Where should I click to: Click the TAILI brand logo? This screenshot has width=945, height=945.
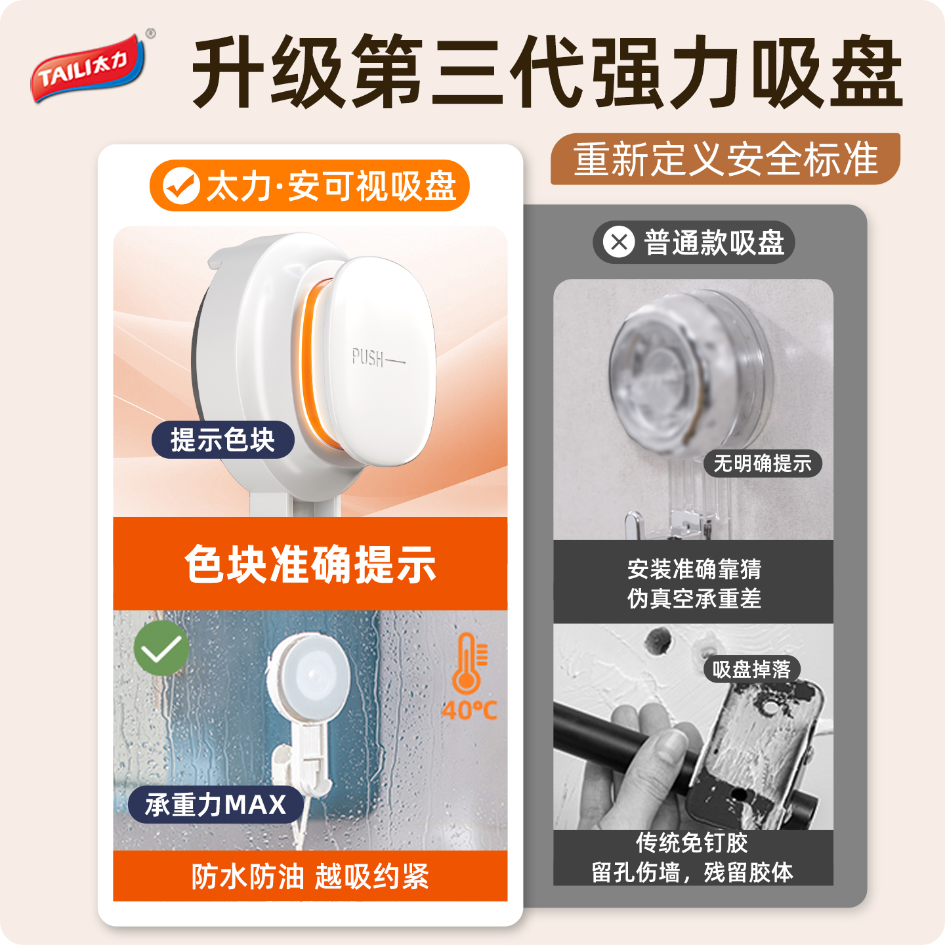coord(89,67)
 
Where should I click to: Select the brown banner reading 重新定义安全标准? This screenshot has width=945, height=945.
coord(725,159)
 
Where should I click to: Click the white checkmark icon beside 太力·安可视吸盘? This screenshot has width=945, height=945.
coord(181,185)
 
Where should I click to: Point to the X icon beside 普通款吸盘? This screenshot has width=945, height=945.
coord(619,241)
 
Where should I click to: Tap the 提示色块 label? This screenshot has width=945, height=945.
coord(223,440)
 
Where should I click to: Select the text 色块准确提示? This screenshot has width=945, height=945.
coord(310,564)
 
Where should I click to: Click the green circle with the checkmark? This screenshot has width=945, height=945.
coord(161,648)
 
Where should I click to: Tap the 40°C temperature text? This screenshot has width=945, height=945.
coord(469,709)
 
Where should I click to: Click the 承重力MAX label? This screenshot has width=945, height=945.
coord(216,805)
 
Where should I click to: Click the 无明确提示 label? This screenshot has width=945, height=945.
coord(763,463)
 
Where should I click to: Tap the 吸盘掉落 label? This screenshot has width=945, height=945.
coord(752,669)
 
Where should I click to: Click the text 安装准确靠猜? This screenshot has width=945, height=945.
coord(694,569)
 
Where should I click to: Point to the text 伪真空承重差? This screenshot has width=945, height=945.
coord(694,598)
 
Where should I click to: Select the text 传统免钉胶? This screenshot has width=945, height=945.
coord(692,843)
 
